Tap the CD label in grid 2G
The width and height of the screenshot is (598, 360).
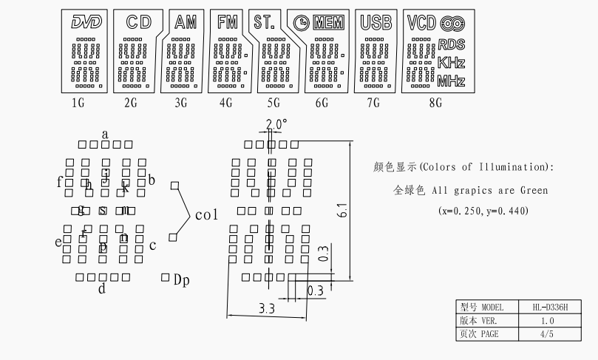click(x=133, y=23)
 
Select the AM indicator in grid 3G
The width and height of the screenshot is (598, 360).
click(x=185, y=23)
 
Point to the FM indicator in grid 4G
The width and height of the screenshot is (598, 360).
click(x=228, y=23)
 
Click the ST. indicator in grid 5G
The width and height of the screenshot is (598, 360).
click(x=264, y=23)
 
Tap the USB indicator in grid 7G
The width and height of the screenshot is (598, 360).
click(x=376, y=23)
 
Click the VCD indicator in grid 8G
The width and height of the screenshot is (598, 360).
click(x=421, y=23)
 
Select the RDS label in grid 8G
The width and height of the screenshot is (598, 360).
click(x=451, y=45)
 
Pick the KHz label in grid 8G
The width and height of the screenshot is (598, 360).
click(x=451, y=62)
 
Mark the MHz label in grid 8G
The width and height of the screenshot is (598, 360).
click(x=451, y=81)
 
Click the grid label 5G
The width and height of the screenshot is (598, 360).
click(x=274, y=103)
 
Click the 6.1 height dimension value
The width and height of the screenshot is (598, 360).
click(x=342, y=211)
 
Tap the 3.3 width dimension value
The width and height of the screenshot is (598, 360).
click(x=267, y=308)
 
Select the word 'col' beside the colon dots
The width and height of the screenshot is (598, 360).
click(x=207, y=215)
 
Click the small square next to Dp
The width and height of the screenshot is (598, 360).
click(x=165, y=277)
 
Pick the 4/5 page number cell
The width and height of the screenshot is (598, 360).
click(x=546, y=334)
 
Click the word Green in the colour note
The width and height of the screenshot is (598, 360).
click(x=534, y=191)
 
